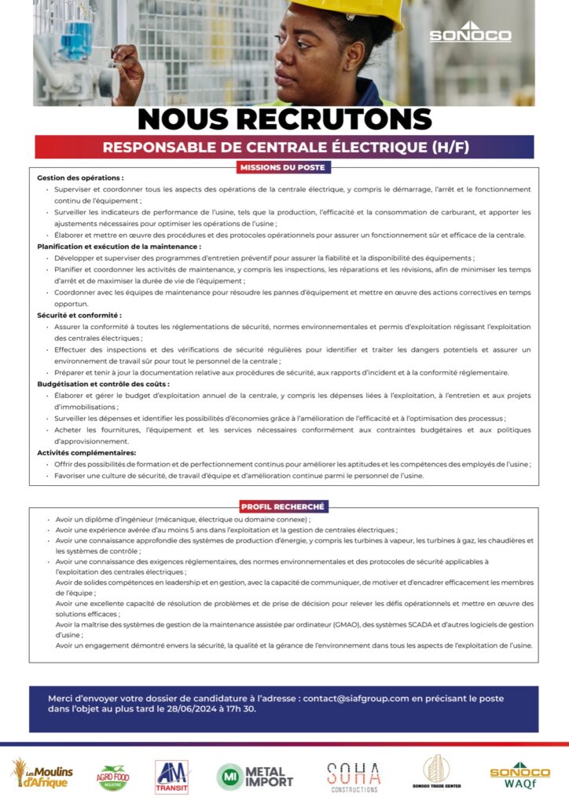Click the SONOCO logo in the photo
click(470, 33)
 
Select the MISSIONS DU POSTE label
click(284, 167)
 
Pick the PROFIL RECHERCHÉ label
click(284, 506)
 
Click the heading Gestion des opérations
click(80, 178)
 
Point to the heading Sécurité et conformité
click(79, 315)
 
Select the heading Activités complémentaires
click(86, 453)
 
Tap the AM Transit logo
click(172, 777)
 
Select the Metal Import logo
click(255, 777)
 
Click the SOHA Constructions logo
click(354, 777)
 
